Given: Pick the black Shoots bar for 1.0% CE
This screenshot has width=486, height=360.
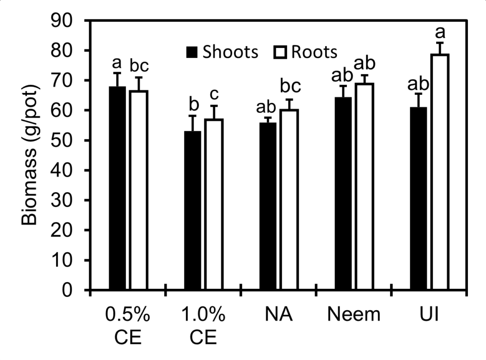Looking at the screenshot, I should (x=193, y=211).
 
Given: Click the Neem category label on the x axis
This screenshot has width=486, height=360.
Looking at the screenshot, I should (x=354, y=314).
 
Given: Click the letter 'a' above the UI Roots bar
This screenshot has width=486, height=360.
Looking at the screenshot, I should (x=440, y=33).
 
